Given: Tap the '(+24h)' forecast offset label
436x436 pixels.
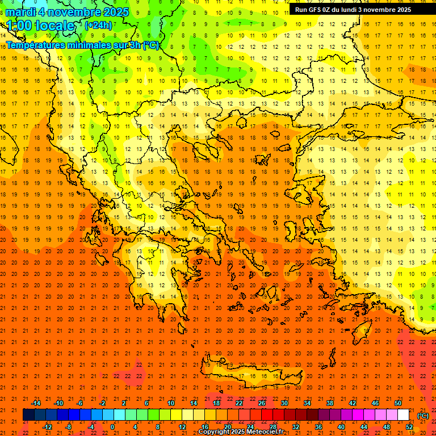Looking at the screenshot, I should pyautogui.click(x=98, y=25).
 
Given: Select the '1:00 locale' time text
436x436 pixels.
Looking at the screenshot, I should pyautogui.click(x=41, y=26).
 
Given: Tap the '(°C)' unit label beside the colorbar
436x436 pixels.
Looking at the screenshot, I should pyautogui.click(x=422, y=416).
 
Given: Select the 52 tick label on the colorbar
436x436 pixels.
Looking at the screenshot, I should pyautogui.click(x=409, y=427).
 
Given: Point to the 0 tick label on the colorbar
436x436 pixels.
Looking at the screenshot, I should pyautogui.click(x=112, y=427).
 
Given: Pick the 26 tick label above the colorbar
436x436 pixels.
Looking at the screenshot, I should pyautogui.click(x=262, y=403).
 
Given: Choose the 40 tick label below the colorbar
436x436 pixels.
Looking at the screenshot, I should pyautogui.click(x=341, y=427).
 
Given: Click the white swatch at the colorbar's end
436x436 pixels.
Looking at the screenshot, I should pyautogui.click(x=403, y=415).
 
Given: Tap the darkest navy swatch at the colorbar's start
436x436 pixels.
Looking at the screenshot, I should pyautogui.click(x=28, y=415).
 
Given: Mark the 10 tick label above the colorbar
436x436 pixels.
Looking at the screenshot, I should pyautogui.click(x=171, y=403).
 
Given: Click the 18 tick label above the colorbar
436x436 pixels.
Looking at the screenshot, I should pyautogui.click(x=216, y=403).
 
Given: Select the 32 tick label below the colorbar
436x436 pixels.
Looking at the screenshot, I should pyautogui.click(x=296, y=427).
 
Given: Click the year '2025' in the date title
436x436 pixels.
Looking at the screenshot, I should pyautogui.click(x=113, y=12).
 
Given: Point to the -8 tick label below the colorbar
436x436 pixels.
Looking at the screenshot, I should pyautogui.click(x=68, y=427).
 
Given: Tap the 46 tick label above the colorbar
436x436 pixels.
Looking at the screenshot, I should pyautogui.click(x=375, y=403).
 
